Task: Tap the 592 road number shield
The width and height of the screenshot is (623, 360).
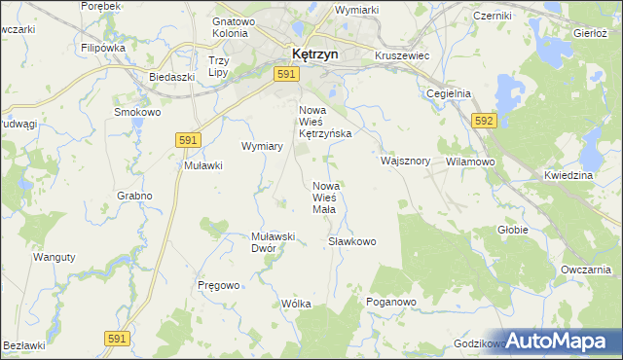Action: pos(485,120)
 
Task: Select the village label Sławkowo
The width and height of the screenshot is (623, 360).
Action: pos(351,241)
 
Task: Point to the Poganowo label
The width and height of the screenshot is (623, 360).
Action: pos(391,303)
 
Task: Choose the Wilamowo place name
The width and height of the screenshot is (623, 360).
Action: pos(471,162)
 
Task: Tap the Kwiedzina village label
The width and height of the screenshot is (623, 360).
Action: pos(568,175)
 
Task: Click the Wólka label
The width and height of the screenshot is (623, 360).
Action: pos(296,304)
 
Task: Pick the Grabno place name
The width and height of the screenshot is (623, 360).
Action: pos(135,196)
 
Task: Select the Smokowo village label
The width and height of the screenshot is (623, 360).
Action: pos(136,112)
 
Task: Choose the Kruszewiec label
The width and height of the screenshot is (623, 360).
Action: pos(402,56)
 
